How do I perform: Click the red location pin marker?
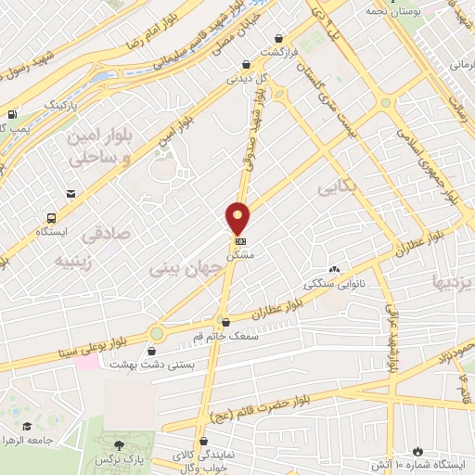tap(238, 218)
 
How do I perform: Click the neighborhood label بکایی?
tap(339, 188)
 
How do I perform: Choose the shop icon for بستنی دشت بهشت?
tap(152, 351)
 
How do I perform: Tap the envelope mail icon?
tap(71, 194)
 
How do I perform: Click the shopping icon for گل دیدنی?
tap(246, 64)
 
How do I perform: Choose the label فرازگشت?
tap(277, 52)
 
